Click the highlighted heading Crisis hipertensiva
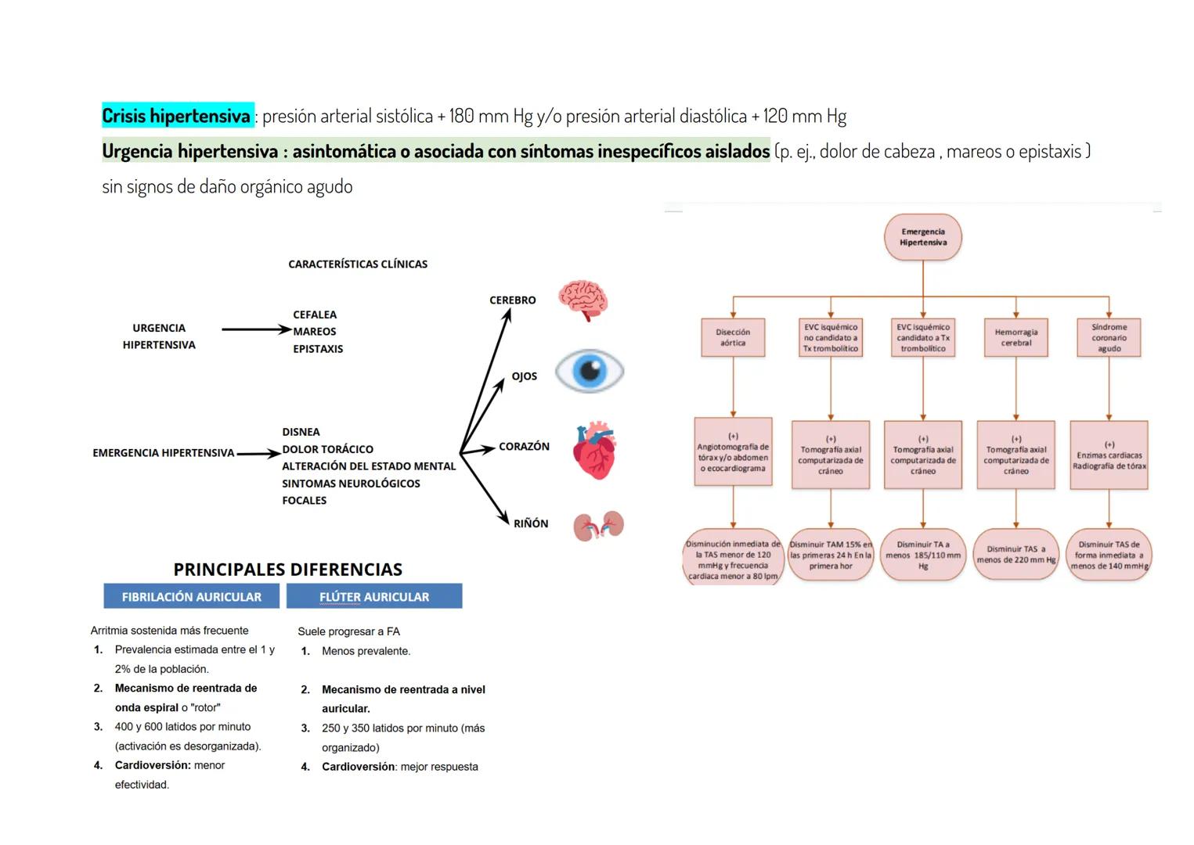click(x=177, y=116)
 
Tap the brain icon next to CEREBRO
click(x=583, y=300)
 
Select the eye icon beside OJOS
click(x=590, y=371)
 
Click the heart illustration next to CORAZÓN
click(x=595, y=451)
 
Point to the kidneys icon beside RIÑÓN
click(x=598, y=527)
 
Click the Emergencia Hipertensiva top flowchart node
click(x=922, y=237)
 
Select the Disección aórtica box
click(x=733, y=338)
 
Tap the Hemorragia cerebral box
click(x=1015, y=338)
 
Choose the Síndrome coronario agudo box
click(x=1109, y=338)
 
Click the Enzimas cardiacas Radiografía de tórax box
click(x=1109, y=455)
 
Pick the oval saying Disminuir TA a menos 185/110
click(x=922, y=555)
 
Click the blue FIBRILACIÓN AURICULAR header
click(x=192, y=596)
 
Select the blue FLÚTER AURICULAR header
click(x=374, y=596)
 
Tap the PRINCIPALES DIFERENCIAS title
click(x=287, y=570)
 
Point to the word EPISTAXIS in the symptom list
click(x=318, y=349)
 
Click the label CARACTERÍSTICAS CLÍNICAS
click(x=358, y=264)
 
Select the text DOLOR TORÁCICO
click(x=328, y=449)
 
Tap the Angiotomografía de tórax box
click(x=733, y=452)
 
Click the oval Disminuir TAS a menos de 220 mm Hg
click(x=1015, y=555)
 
